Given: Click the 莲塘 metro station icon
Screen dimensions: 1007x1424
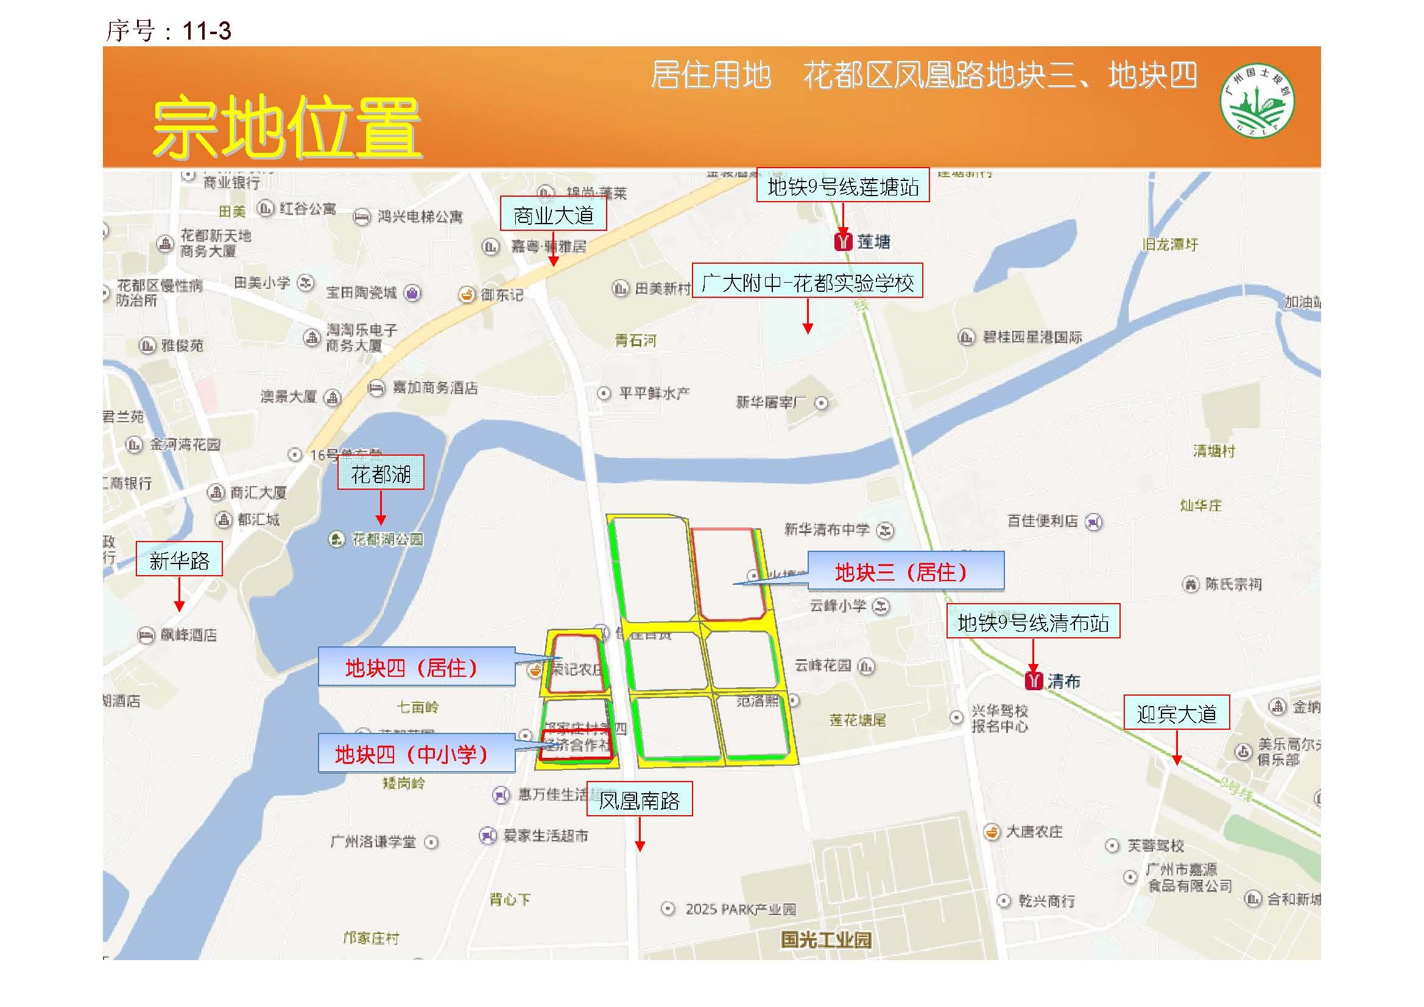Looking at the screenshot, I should (x=843, y=241).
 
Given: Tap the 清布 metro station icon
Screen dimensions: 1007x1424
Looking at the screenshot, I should (x=1033, y=680).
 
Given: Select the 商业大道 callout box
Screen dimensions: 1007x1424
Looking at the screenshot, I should (x=553, y=214).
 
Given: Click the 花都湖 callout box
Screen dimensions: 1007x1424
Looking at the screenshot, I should (x=381, y=473).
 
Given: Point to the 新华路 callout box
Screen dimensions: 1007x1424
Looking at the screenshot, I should (x=179, y=560).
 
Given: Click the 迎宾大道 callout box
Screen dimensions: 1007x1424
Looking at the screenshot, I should (x=1177, y=713).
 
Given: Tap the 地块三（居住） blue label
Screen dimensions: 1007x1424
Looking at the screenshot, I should (x=906, y=571).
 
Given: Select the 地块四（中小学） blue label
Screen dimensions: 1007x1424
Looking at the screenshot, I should (x=416, y=753).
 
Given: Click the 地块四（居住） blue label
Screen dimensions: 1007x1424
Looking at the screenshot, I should (x=416, y=667).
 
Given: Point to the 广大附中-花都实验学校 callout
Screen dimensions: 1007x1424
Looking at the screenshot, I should (x=808, y=281).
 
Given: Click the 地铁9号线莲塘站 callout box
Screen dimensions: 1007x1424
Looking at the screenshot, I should (x=843, y=186).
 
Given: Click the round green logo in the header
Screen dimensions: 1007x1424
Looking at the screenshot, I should (x=1257, y=101).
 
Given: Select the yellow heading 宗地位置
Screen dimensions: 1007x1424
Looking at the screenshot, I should (x=286, y=129).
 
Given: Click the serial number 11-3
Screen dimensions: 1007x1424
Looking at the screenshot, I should (x=206, y=31).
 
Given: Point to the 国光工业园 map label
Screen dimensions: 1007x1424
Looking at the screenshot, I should (x=825, y=939).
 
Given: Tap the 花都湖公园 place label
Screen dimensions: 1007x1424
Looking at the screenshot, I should (x=387, y=539).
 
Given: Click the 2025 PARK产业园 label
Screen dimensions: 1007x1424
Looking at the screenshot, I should (x=741, y=910).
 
